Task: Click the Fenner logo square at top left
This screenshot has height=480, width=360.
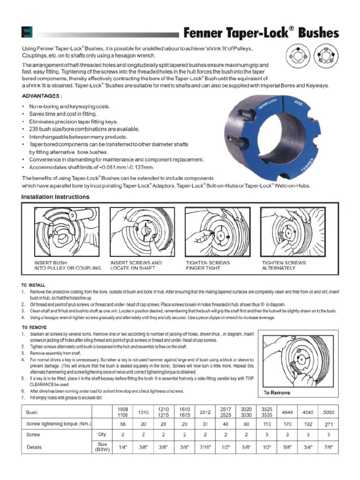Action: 27,33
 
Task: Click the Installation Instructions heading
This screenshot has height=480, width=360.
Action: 55,197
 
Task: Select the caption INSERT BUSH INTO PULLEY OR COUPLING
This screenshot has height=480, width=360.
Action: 67,265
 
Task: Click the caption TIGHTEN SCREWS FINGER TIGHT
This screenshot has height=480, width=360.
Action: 208,265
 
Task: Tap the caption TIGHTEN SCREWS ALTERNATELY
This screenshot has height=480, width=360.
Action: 284,265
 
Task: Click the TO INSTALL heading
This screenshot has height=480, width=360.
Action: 34,285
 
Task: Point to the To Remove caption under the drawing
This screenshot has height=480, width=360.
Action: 277,392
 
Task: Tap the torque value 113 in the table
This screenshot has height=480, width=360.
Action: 266,424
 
